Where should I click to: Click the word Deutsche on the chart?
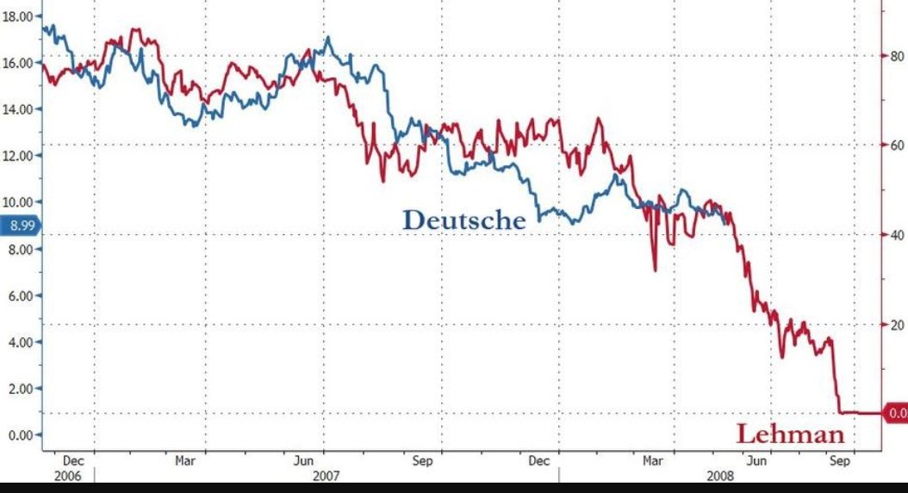[x=463, y=220]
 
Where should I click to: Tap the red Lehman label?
[x=790, y=434]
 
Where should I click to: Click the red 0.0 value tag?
[x=896, y=413]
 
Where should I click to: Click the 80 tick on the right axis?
[x=895, y=56]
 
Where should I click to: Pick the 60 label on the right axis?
[x=895, y=145]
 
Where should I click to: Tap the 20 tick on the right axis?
[x=895, y=324]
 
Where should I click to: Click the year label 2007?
[x=326, y=475]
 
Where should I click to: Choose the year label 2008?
[x=719, y=475]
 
